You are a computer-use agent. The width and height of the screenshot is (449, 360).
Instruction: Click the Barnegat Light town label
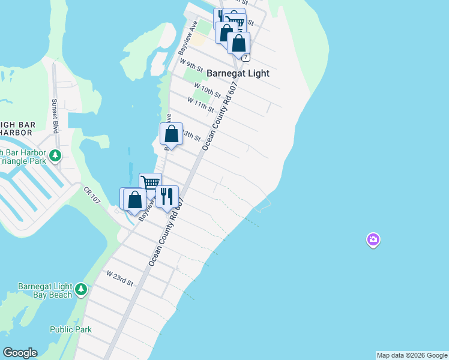pyautogui.click(x=238, y=73)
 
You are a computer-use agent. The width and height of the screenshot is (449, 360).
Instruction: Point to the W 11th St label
pyautogui.click(x=200, y=104)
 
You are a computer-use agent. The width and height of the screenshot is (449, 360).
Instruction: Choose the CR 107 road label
pyautogui.click(x=92, y=195)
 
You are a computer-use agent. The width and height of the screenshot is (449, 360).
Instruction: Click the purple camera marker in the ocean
pyautogui.click(x=373, y=241)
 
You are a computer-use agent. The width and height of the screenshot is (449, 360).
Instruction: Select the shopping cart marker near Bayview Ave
pyautogui.click(x=150, y=182)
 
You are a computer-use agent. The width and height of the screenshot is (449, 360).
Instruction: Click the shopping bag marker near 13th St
pyautogui.click(x=171, y=134)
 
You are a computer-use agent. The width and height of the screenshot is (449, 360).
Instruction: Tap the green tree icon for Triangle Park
pyautogui.click(x=55, y=156)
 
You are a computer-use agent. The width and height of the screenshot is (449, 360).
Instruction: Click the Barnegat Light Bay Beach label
pyautogui.click(x=45, y=290)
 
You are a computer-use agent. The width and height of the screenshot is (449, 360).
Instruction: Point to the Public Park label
pyautogui.click(x=71, y=329)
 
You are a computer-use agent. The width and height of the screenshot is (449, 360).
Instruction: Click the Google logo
pyautogui.click(x=20, y=353)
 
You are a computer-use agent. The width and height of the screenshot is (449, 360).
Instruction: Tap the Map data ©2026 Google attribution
pyautogui.click(x=412, y=355)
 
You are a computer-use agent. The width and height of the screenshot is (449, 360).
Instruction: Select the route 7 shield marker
pyautogui.click(x=246, y=57)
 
